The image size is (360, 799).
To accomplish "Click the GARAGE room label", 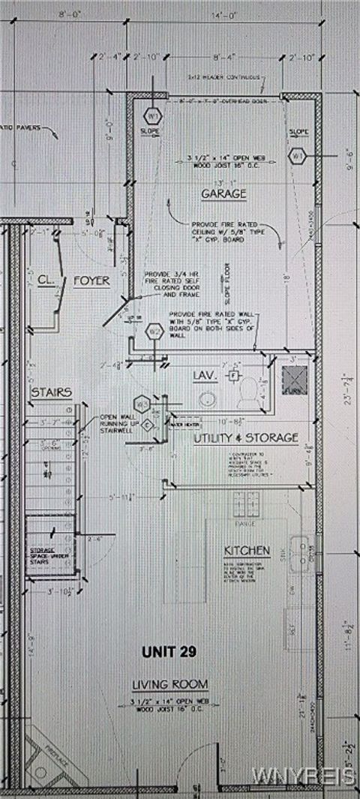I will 223,194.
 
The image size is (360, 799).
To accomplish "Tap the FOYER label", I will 91,281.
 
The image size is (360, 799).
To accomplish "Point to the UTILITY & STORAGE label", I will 247,437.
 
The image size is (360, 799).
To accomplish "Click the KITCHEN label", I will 247,551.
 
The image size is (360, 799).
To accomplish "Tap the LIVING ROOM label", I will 169,684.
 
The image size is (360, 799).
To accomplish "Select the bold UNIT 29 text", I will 169,652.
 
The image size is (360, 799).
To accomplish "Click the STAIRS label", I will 51,392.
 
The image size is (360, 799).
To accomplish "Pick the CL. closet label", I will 44,281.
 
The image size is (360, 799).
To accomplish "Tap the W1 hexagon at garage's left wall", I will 152,118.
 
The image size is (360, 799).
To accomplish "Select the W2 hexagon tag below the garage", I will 154,331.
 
